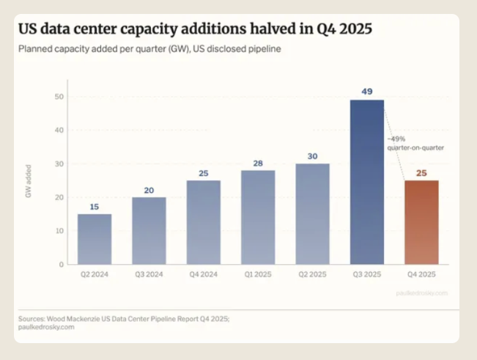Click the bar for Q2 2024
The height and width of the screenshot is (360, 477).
click(95, 239)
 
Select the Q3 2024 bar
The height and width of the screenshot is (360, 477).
click(149, 230)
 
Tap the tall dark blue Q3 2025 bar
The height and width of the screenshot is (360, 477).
click(366, 182)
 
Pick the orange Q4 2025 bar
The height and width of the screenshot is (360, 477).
click(421, 222)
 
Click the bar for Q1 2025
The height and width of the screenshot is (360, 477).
click(258, 217)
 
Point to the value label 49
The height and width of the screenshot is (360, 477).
click(366, 92)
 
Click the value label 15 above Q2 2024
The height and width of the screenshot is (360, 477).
click(95, 207)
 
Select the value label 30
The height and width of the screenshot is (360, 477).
click(312, 156)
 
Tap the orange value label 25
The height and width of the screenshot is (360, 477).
click(421, 173)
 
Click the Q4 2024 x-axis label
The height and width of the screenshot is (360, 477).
click(203, 276)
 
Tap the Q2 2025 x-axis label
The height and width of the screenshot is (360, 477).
click(312, 276)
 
